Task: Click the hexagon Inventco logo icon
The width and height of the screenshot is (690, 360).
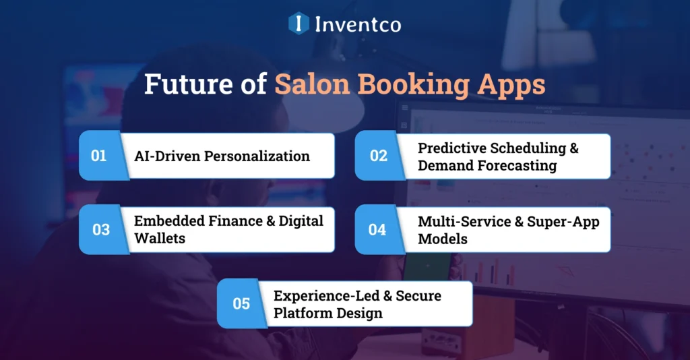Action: tap(299, 24)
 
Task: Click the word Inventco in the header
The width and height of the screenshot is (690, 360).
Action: tap(357, 25)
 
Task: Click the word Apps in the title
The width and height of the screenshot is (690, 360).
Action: tap(513, 86)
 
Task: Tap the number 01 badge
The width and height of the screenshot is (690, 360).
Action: tap(99, 156)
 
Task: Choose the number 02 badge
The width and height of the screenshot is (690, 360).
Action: tap(379, 156)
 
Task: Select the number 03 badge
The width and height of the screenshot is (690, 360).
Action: tap(101, 230)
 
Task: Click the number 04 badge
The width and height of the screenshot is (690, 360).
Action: tap(377, 230)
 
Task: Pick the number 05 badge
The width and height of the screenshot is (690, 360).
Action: tap(241, 303)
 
